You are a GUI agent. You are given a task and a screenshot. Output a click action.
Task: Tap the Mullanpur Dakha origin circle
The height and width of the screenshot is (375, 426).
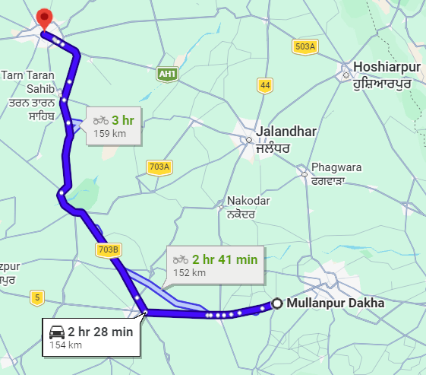pos(277,303)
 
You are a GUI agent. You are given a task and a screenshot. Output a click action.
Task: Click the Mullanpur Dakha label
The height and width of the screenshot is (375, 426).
pos(336,303)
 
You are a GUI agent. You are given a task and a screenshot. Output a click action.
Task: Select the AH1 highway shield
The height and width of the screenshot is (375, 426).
pos(167,74)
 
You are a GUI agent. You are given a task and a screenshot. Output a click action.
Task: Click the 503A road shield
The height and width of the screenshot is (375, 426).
pos(304,47)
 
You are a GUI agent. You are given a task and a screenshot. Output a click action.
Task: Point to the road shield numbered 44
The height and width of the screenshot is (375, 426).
pos(264,85)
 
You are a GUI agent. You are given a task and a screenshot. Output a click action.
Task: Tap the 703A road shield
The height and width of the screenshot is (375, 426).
pos(159,167)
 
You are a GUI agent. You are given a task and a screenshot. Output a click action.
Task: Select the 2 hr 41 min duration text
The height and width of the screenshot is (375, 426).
pos(225,259)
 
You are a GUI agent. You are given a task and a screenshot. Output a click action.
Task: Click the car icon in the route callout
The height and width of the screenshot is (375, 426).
pos(56,332)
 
